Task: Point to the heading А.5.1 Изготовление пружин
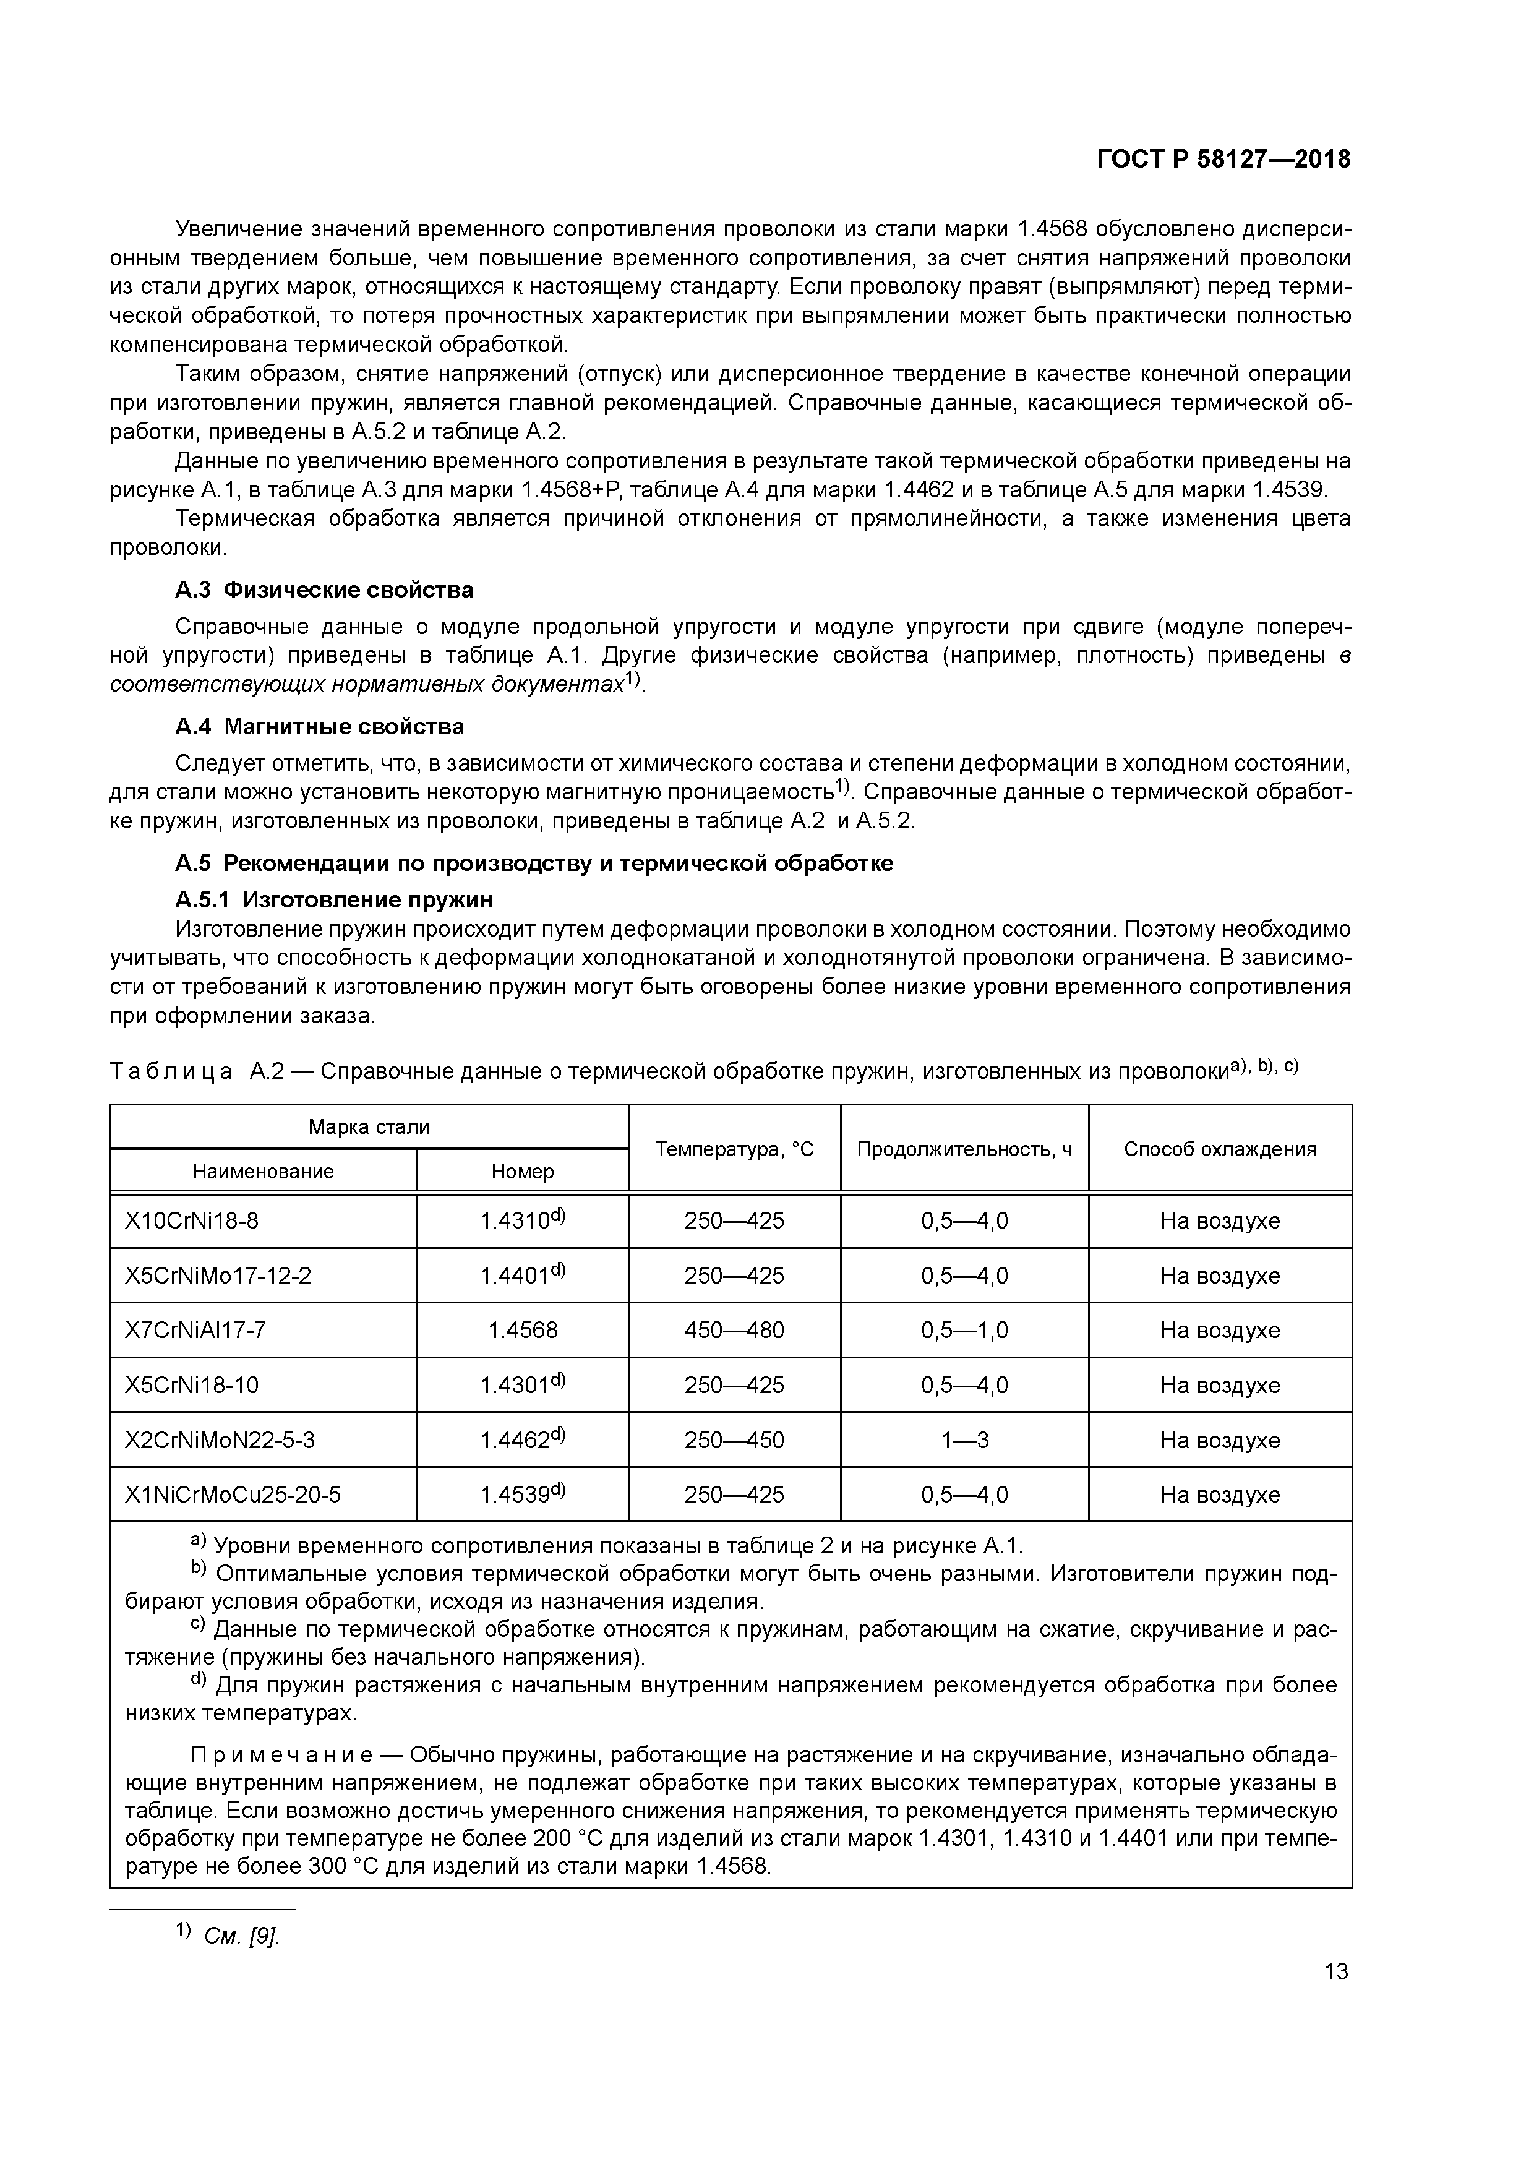(333, 898)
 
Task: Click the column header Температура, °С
(734, 1149)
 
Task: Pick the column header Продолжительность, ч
(964, 1149)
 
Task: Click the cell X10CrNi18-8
(192, 1221)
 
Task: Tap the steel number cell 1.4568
(523, 1331)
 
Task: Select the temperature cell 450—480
(734, 1331)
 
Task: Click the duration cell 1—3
(964, 1440)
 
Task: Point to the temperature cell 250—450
(734, 1440)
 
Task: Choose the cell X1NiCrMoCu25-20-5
(233, 1495)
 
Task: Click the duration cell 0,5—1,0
(964, 1331)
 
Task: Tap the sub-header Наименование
(263, 1172)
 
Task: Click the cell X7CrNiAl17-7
(195, 1331)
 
